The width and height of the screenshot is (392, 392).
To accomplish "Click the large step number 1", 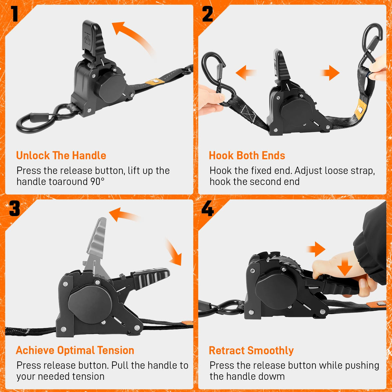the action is point(14,13).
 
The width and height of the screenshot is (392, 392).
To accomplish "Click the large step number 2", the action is point(207,14).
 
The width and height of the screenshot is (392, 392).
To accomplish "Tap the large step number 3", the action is point(15,208).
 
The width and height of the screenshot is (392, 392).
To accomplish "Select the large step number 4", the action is point(207,208).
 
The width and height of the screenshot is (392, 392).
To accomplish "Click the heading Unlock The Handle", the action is point(61,155).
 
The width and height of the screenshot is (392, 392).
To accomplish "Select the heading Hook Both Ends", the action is point(247,155).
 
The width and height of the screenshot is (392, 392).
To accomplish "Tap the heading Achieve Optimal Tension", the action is point(75,350).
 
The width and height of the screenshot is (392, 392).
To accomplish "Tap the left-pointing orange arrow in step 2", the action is point(246,73).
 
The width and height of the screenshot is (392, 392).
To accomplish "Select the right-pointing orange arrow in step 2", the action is point(330,73).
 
